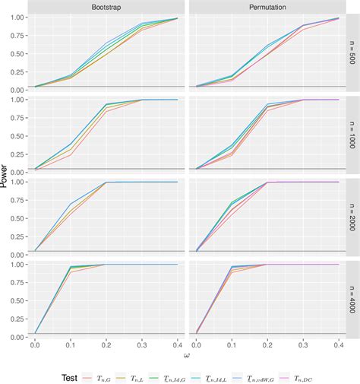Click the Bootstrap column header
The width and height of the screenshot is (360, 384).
tap(106, 6)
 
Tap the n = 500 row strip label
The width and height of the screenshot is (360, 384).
tap(351, 52)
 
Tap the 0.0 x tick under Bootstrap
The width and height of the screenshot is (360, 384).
tap(35, 345)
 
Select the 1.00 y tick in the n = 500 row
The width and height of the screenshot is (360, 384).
tap(15, 18)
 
